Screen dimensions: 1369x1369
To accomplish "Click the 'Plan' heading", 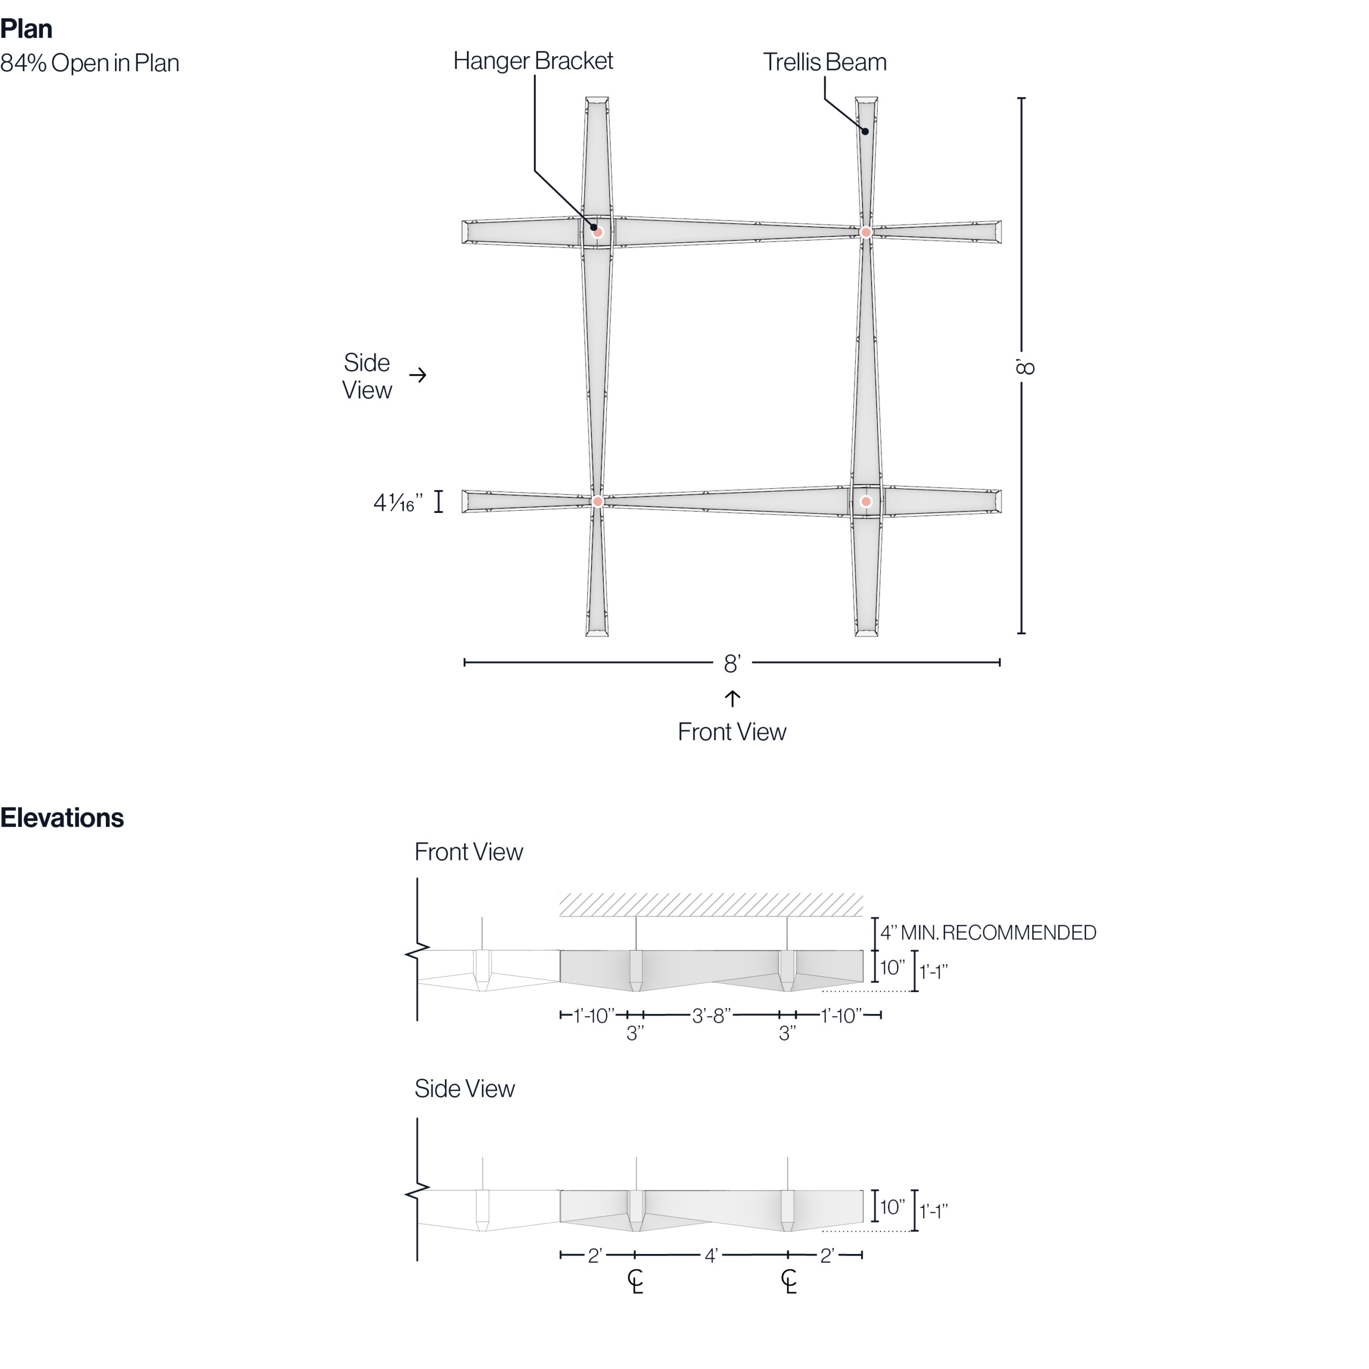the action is click(26, 29).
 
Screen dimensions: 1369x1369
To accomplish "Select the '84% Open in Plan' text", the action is click(89, 63).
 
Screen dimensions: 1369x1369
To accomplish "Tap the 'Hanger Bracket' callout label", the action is click(533, 61).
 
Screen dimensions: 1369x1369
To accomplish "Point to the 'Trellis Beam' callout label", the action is click(825, 63).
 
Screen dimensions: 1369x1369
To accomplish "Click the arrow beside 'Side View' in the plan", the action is click(418, 375).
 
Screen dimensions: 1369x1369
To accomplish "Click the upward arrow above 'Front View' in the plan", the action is click(732, 699).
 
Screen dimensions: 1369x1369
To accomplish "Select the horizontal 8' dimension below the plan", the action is click(732, 663).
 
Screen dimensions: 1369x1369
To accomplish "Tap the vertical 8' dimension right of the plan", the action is click(1025, 366).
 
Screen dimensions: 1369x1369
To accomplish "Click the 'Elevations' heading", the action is click(63, 818).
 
